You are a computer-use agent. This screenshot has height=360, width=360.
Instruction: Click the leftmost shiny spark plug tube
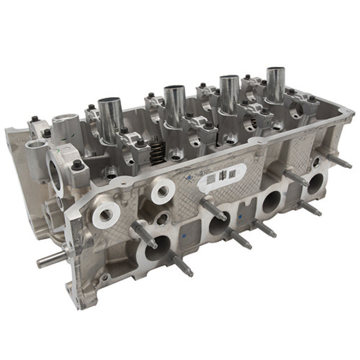(109, 118)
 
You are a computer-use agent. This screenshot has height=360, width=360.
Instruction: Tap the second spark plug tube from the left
(172, 106)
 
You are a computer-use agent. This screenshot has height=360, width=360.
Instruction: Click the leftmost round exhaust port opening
(157, 248)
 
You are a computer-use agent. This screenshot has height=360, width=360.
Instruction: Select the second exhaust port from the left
(219, 222)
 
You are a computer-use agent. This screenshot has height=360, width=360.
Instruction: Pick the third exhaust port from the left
(271, 202)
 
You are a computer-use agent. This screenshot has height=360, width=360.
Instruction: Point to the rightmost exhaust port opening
(315, 184)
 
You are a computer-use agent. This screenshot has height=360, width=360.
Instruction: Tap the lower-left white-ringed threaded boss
(104, 211)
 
